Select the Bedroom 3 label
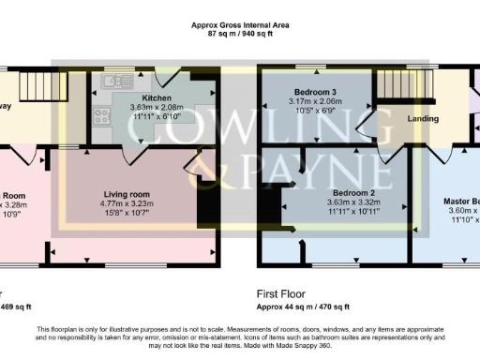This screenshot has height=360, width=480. point(315,92)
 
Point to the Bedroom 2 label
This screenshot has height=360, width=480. point(338,193)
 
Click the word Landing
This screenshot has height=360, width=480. point(424,119)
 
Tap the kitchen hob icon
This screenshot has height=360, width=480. point(100,115)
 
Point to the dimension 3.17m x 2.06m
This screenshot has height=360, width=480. point(315,102)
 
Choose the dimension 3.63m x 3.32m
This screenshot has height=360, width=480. point(339,202)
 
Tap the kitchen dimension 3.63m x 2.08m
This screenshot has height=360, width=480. point(157,108)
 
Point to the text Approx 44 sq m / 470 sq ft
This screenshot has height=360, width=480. point(303,306)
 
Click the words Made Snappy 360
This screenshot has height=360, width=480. point(311,345)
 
